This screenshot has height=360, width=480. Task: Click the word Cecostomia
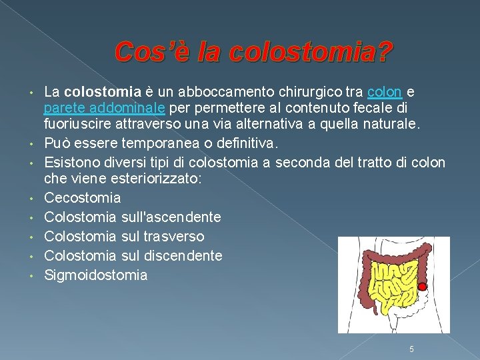(82, 197)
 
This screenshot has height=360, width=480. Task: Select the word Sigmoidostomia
(95, 275)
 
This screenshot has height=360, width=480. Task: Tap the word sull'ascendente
(172, 217)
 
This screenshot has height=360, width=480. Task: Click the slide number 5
(412, 349)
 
